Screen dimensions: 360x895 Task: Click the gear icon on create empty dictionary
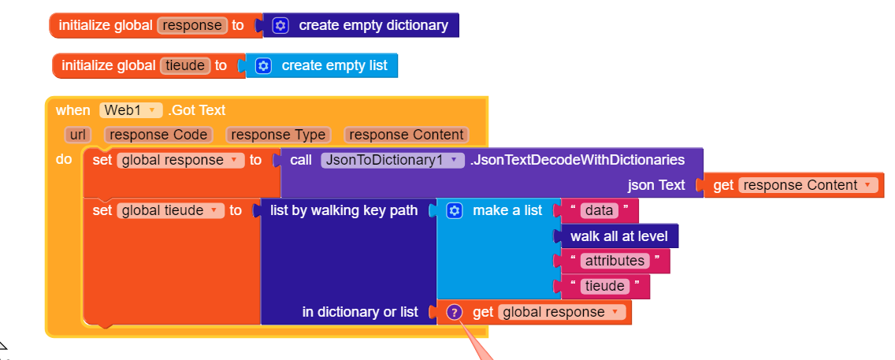point(280,25)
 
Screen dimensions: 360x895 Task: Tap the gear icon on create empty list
point(264,65)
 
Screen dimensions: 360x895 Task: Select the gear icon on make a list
point(455,210)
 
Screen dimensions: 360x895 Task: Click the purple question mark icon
point(454,312)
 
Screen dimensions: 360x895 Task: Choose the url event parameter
point(78,135)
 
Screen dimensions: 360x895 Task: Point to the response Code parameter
point(159,135)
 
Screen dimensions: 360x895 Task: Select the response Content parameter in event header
point(407,135)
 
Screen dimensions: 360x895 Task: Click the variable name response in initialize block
point(193,25)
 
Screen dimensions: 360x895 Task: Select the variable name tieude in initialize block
point(186,65)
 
